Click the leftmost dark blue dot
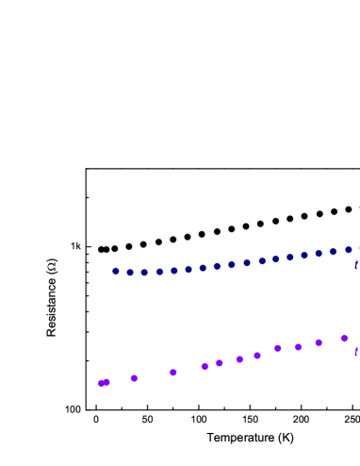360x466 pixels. tap(116, 271)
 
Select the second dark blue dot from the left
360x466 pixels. tap(130, 273)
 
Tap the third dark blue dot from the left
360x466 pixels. tap(144, 273)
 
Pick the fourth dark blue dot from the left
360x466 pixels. tap(159, 272)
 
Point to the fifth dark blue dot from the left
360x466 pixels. tap(174, 271)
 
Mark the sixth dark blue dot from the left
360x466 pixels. tap(188, 270)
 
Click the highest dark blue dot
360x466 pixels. tap(348, 250)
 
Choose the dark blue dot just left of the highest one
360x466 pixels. tap(333, 252)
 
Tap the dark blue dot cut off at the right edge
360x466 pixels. tap(357, 265)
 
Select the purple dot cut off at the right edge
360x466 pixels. tap(357, 352)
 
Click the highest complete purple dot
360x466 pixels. tap(344, 338)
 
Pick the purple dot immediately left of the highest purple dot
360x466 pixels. tap(319, 342)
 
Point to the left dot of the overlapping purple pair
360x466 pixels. tap(101, 383)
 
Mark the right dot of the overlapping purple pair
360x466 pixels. tap(106, 382)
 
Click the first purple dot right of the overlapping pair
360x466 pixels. tap(134, 378)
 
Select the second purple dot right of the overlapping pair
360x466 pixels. tap(173, 373)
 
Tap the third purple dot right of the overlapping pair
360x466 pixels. tap(205, 366)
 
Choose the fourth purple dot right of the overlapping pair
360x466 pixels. tap(220, 363)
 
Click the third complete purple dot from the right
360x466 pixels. tap(298, 347)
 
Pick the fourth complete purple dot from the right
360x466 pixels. tap(277, 348)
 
